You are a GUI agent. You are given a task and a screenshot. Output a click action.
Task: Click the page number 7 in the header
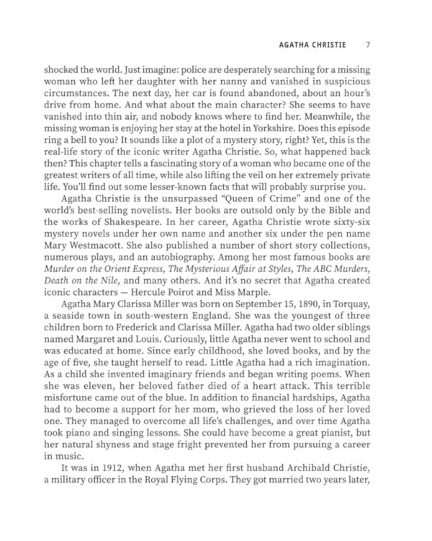(x=367, y=44)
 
